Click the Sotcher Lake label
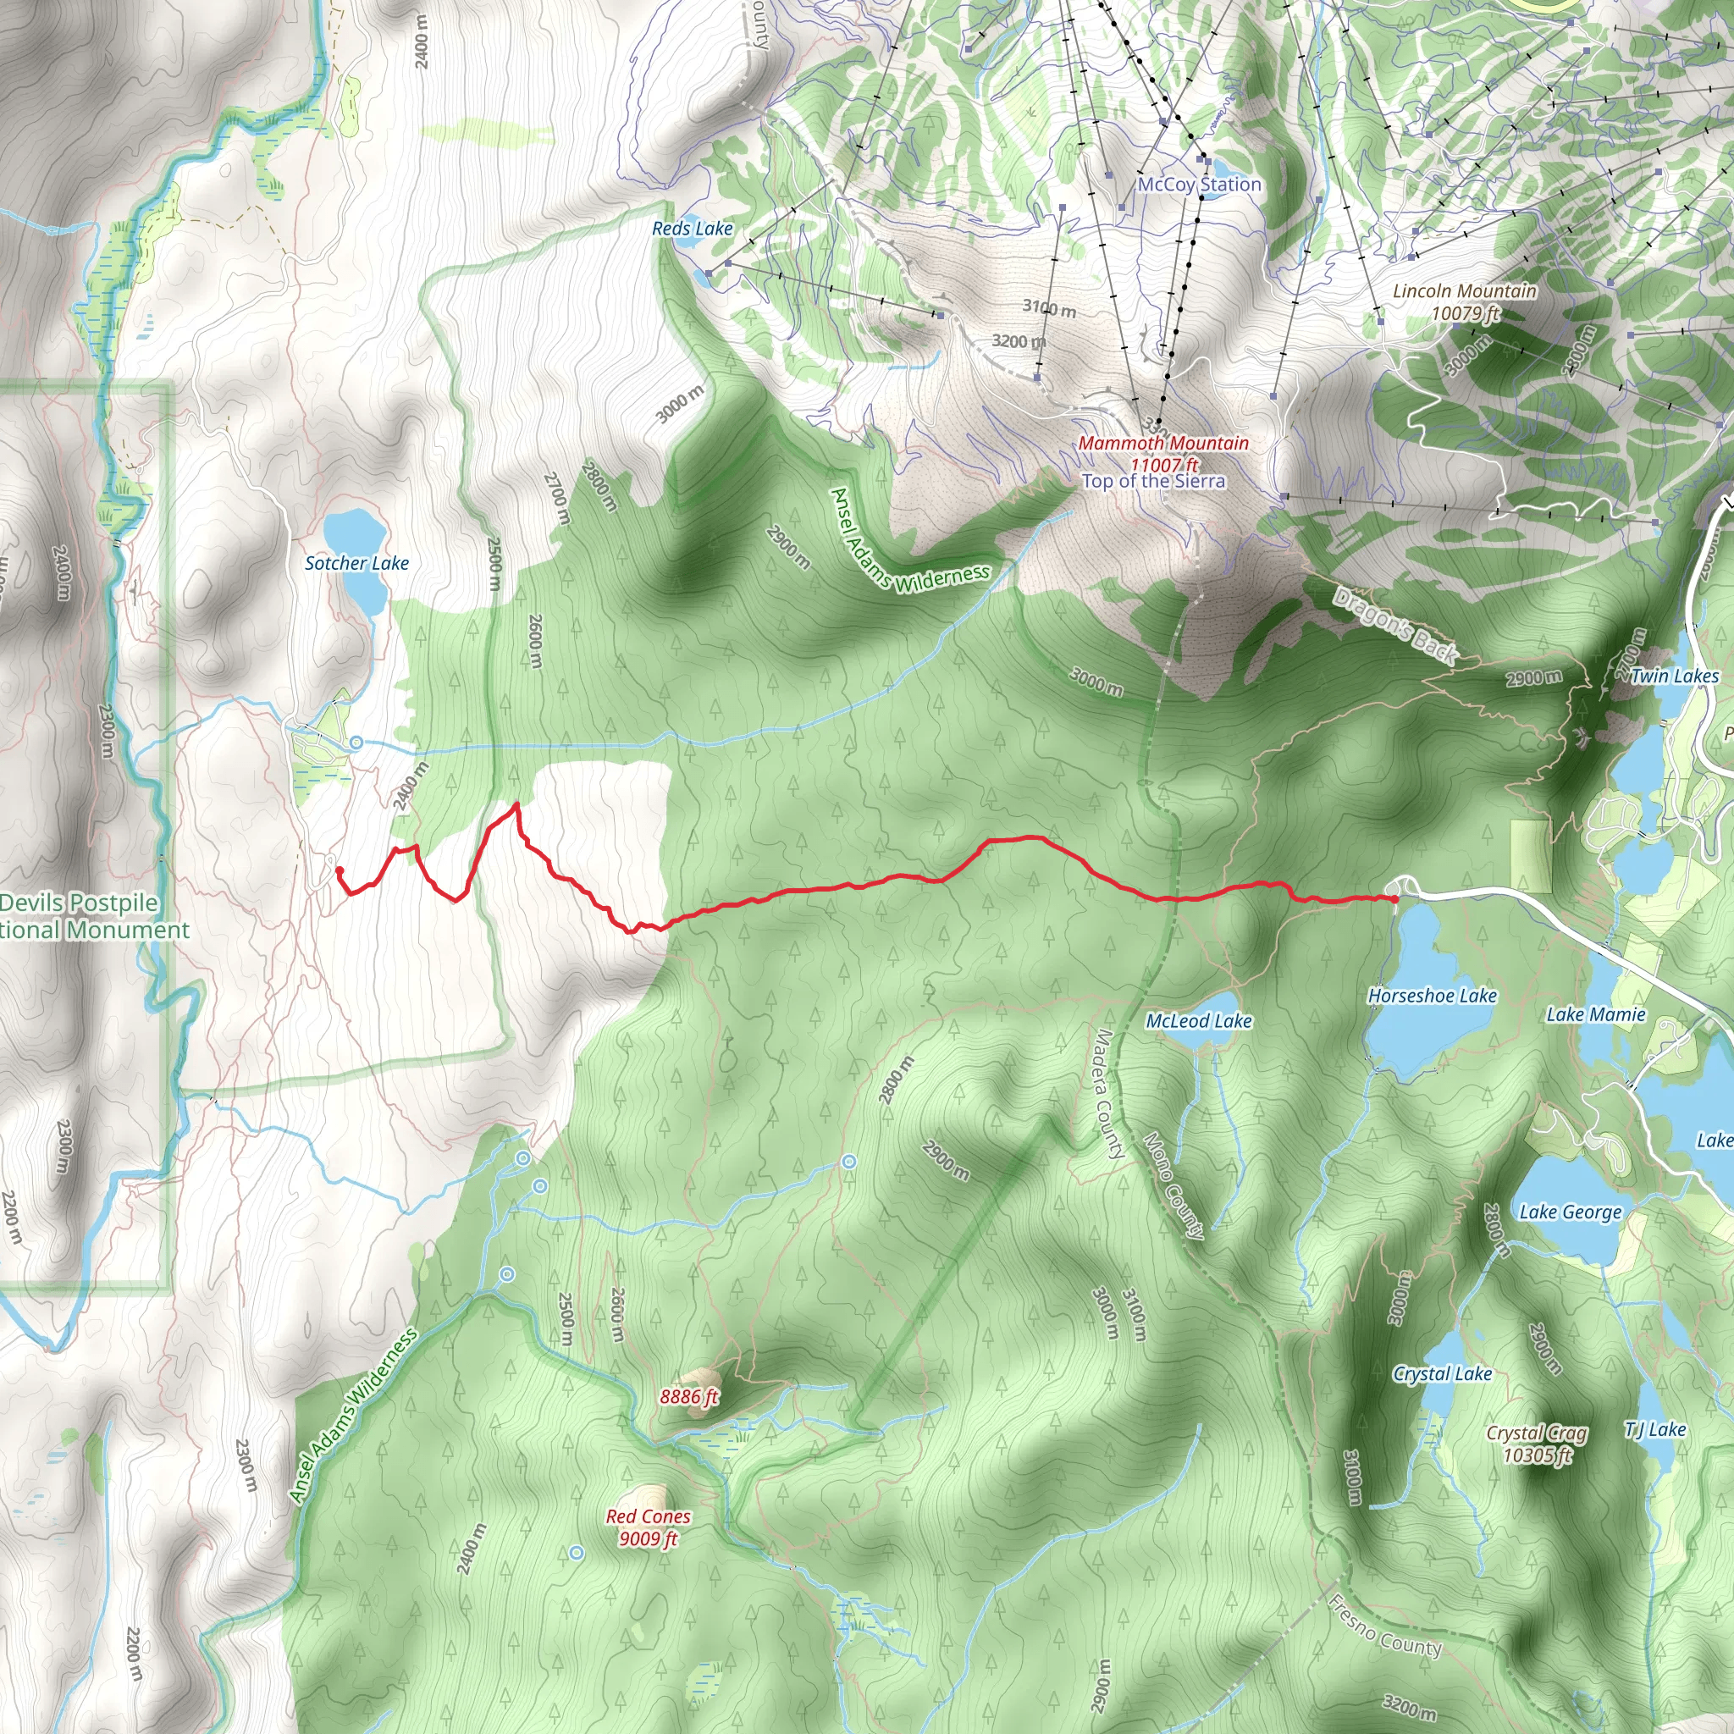(x=356, y=563)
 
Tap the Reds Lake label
(x=692, y=229)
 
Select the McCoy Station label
(x=1199, y=184)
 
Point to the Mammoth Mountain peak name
(x=1163, y=443)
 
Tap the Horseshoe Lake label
(x=1432, y=996)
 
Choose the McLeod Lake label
(x=1198, y=1020)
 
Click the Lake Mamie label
(x=1595, y=1014)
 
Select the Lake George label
(x=1570, y=1212)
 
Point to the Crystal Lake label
(x=1442, y=1373)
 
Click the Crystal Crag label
(x=1537, y=1433)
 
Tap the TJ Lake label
(x=1655, y=1429)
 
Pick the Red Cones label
(x=648, y=1516)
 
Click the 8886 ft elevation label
(x=688, y=1396)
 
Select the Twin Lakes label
(x=1674, y=676)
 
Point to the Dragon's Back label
(x=1394, y=626)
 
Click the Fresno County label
(x=1384, y=1625)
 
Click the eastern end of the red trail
(x=1395, y=897)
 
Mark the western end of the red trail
(x=340, y=870)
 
